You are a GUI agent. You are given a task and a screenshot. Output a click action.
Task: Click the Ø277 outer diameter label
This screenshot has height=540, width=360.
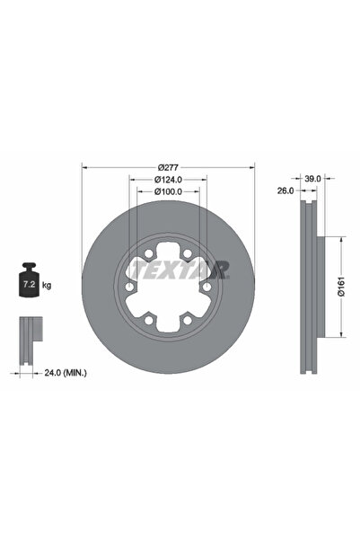(168, 166)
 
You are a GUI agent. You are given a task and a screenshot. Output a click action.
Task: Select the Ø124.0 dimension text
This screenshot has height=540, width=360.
(168, 179)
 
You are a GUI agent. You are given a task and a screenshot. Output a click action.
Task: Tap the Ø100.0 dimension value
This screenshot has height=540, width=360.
(168, 190)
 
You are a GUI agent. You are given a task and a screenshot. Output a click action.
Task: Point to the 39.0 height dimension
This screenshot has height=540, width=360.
(313, 179)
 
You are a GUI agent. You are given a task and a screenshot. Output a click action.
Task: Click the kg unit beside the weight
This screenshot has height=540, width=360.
(47, 285)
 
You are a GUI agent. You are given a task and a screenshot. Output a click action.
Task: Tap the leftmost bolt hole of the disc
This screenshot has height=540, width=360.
(130, 287)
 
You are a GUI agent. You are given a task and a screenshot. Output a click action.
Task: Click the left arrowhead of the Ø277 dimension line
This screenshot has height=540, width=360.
(85, 166)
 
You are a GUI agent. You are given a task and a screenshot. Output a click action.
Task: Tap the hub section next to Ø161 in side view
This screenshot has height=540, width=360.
(316, 288)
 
